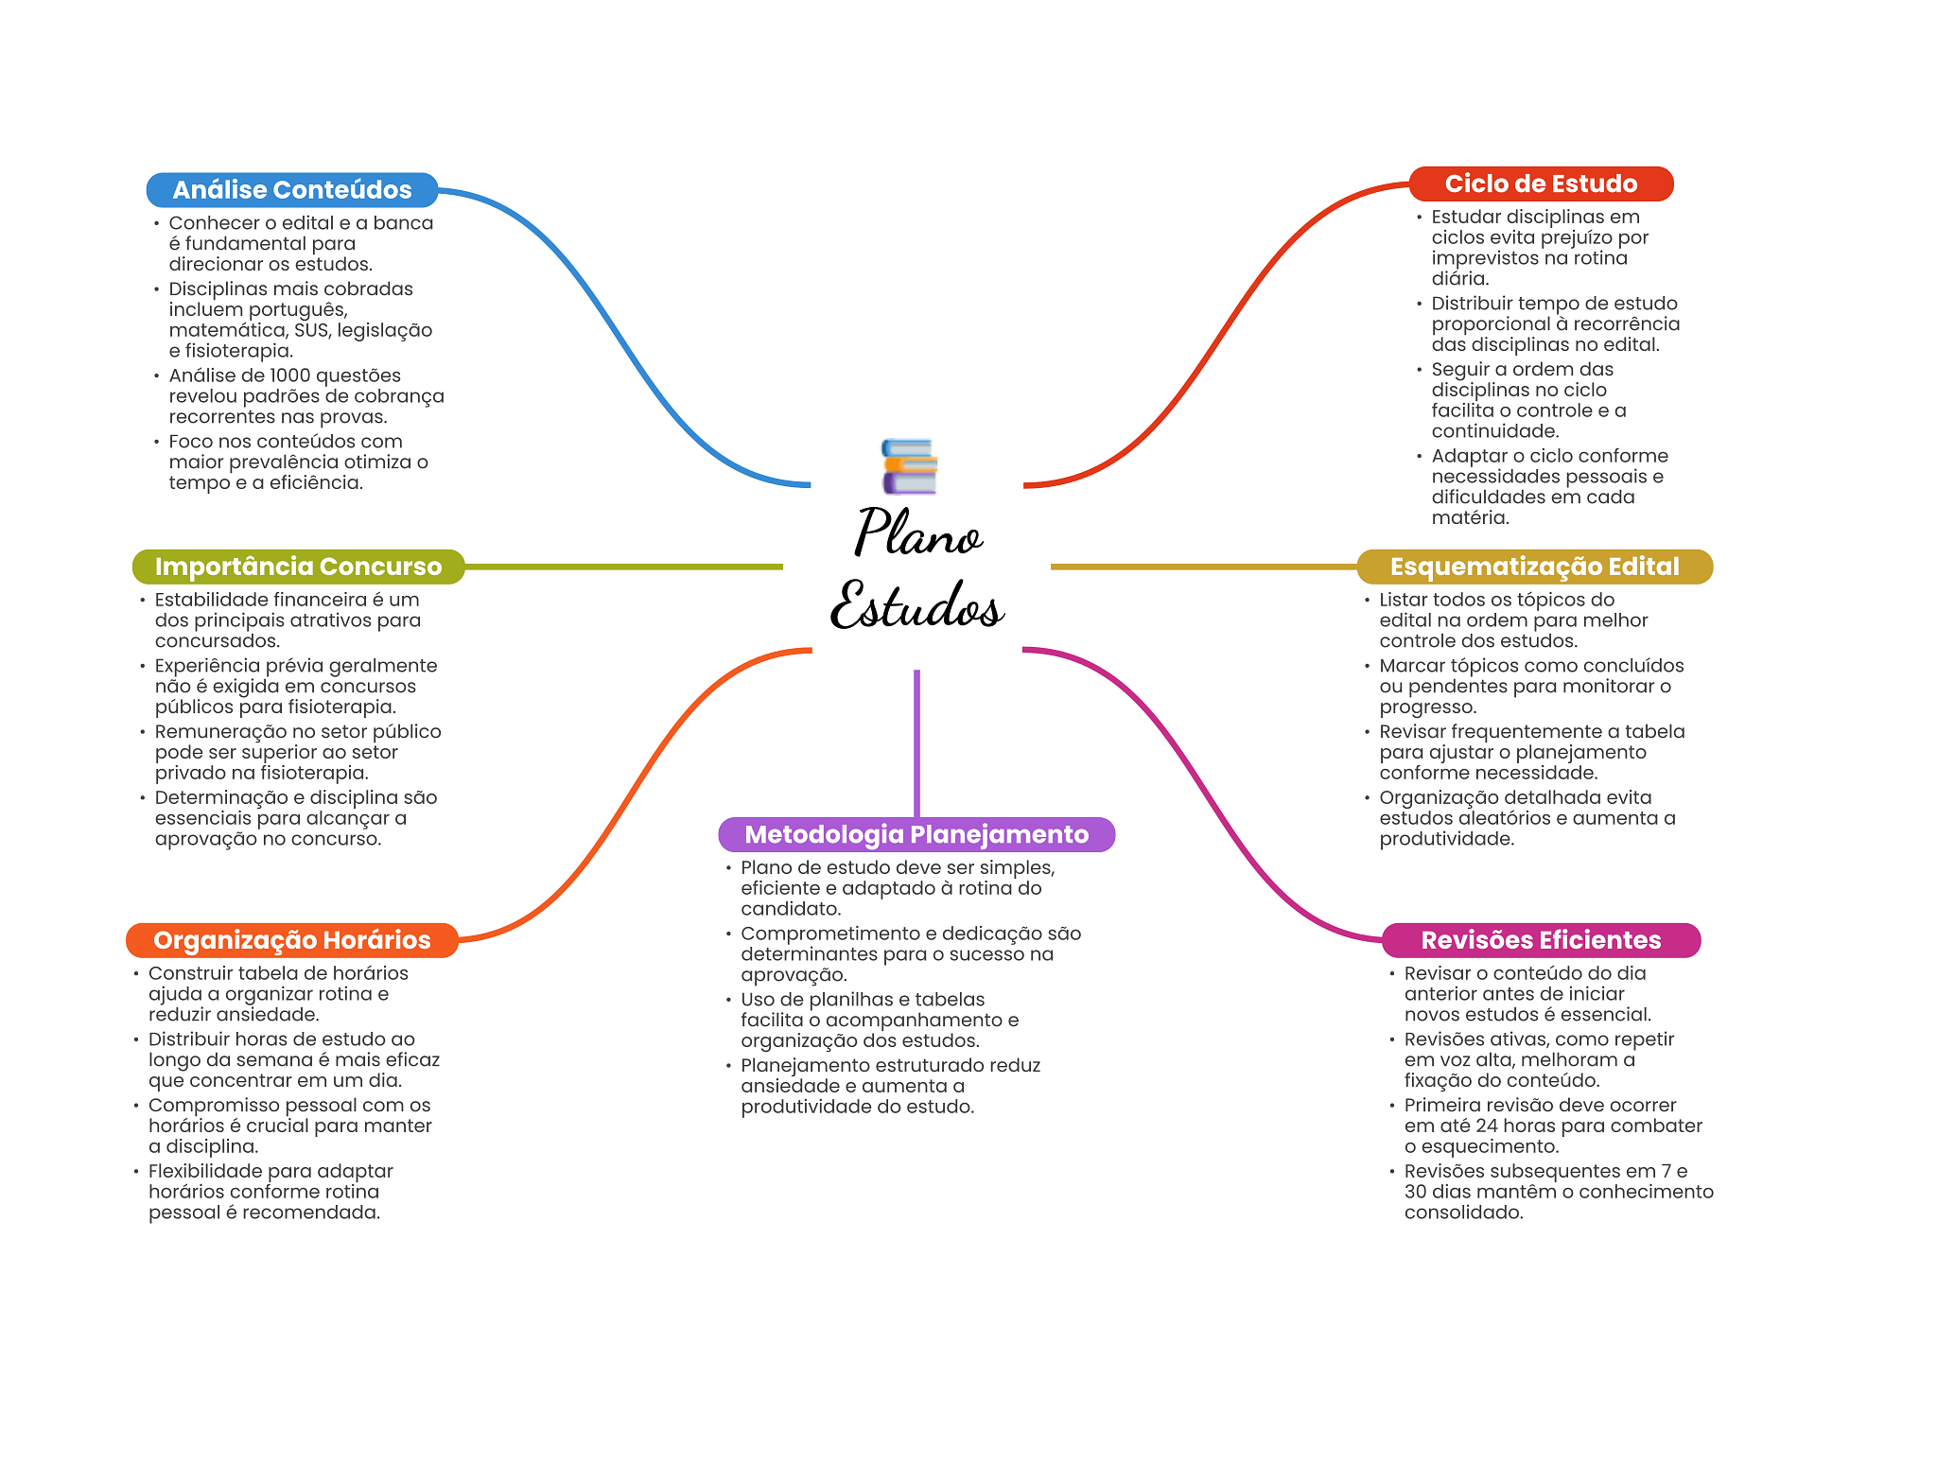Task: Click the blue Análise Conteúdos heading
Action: (x=291, y=190)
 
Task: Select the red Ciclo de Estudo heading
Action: (x=1540, y=183)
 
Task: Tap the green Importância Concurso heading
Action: (x=298, y=567)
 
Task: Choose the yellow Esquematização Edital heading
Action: (x=1533, y=567)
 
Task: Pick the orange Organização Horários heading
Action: (x=291, y=940)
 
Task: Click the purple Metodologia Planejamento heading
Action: (x=916, y=834)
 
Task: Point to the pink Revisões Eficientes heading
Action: (x=1540, y=940)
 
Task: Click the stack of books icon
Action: (x=909, y=466)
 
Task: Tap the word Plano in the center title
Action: (x=917, y=533)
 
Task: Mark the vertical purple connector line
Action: (x=916, y=742)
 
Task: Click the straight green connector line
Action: (x=624, y=567)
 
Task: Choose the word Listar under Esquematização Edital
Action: (x=1407, y=600)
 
